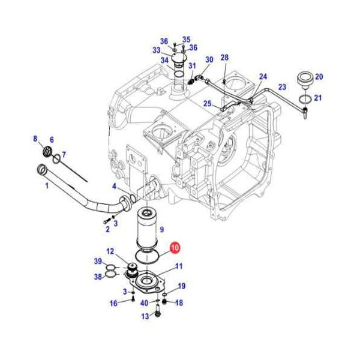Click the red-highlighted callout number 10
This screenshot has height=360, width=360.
[x=175, y=247]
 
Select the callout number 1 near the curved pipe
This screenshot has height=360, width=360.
[x=47, y=186]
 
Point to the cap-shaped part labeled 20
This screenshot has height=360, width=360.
[x=304, y=79]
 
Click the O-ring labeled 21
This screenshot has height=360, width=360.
[x=304, y=98]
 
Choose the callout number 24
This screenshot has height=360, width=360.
[x=263, y=76]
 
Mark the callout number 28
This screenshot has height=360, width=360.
[x=224, y=58]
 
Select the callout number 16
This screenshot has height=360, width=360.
[x=113, y=303]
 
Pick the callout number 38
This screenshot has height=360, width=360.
[x=97, y=277]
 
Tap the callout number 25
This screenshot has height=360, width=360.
[x=207, y=104]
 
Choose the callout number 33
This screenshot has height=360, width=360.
[x=156, y=50]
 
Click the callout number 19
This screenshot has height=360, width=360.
[x=181, y=286]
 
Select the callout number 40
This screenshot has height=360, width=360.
[x=144, y=302]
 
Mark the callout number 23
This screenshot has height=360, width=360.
[x=282, y=87]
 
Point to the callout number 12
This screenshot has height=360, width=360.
[x=110, y=251]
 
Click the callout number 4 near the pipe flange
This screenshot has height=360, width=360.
[x=114, y=186]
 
